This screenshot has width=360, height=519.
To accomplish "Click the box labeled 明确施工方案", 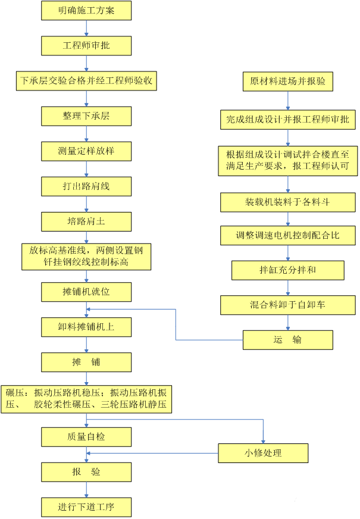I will click(x=86, y=10).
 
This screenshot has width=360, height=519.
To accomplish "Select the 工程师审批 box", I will click(x=86, y=45).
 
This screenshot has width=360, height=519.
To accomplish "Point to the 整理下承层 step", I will click(x=86, y=115).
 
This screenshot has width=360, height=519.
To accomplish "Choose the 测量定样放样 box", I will click(x=86, y=151).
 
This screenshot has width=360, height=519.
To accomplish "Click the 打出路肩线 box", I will click(x=86, y=186).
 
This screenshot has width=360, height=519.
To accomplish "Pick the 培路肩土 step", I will click(x=86, y=221).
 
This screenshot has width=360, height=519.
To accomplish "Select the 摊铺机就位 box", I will click(x=86, y=292).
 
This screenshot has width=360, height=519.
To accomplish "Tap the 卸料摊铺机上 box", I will click(x=86, y=327).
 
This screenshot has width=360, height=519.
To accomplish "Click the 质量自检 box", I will click(x=86, y=437).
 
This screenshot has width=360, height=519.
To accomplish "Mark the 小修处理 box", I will click(x=263, y=454).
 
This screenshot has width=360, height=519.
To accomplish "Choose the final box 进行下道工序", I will click(x=86, y=507).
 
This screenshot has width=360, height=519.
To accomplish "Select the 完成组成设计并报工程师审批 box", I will click(x=287, y=120).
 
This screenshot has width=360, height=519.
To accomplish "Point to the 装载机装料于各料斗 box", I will click(x=287, y=202).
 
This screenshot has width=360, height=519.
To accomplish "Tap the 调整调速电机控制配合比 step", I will click(x=287, y=236).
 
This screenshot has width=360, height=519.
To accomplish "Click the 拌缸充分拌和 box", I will click(x=287, y=270).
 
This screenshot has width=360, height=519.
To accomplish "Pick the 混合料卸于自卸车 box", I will click(x=287, y=305).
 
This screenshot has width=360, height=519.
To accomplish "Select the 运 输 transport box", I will click(x=287, y=340).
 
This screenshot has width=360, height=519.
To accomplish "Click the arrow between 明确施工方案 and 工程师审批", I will click(x=86, y=28).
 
